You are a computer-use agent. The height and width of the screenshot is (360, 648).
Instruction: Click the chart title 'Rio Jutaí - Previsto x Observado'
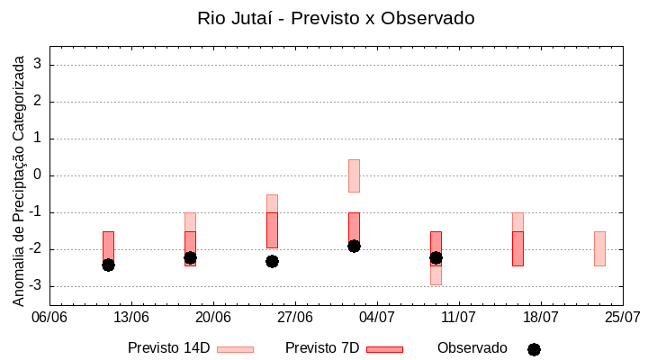coord(336,18)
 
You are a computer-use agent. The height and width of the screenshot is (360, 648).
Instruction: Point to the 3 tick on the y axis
coord(39,65)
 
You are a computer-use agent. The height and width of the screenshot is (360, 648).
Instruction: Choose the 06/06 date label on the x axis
coord(49,318)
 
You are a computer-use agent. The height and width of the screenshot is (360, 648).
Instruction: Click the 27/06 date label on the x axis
coord(295,318)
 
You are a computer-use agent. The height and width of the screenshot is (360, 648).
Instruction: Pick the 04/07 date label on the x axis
coord(377,318)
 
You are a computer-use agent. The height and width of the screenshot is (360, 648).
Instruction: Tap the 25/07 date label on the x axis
coord(622,318)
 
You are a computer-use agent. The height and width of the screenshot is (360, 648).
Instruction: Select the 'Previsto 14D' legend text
coord(168,348)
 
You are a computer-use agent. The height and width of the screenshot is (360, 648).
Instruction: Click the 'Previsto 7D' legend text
coord(322,348)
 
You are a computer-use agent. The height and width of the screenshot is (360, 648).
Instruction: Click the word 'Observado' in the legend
coord(472,348)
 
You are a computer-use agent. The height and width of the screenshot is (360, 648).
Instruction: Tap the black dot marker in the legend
coord(534,349)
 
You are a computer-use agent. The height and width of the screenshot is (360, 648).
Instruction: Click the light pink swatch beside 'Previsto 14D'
coord(235,349)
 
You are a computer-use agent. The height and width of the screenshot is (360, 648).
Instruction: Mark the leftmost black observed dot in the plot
coord(108,265)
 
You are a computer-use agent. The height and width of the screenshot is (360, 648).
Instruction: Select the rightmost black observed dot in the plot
coord(436,257)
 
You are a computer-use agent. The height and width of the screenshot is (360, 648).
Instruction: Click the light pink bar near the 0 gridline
coord(354,175)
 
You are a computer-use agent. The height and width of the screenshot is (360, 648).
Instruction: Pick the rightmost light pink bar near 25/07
coord(599,248)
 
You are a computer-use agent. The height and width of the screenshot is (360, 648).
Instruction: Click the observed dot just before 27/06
coord(272,261)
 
